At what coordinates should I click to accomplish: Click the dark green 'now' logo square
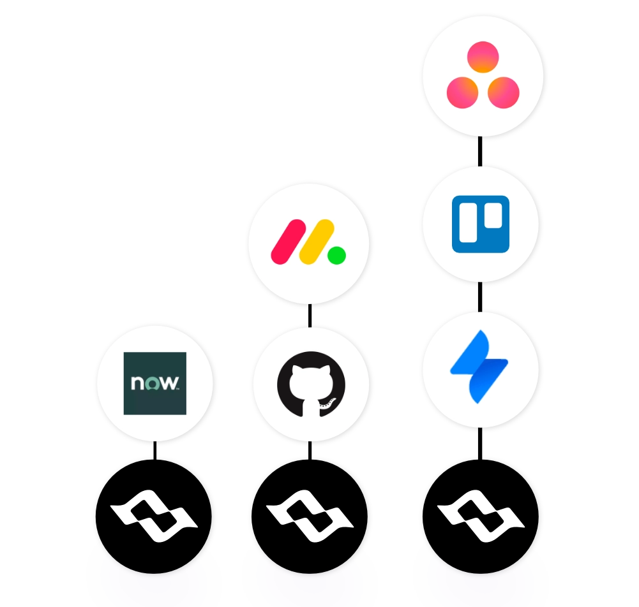click(155, 383)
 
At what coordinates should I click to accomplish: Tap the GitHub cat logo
click(311, 384)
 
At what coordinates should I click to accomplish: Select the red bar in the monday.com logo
click(289, 242)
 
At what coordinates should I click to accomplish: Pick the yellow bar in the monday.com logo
click(317, 242)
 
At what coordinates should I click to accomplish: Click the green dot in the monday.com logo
click(336, 256)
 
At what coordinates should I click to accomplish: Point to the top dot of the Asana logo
click(483, 57)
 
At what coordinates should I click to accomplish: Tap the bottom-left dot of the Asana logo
click(463, 93)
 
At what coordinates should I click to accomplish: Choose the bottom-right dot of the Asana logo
click(504, 93)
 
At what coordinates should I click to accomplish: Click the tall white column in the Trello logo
click(469, 223)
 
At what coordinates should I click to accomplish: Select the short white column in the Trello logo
click(493, 216)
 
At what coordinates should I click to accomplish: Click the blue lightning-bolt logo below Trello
click(479, 367)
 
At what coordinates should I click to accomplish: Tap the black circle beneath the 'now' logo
click(154, 516)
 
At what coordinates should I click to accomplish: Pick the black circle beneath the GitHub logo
click(310, 516)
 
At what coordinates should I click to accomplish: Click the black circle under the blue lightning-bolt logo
click(481, 516)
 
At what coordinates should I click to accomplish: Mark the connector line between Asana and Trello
click(480, 151)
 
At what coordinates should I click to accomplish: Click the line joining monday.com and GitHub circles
click(310, 316)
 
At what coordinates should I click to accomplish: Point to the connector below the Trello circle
click(480, 296)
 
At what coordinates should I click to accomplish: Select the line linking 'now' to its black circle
click(155, 450)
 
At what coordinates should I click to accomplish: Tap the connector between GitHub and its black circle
click(310, 450)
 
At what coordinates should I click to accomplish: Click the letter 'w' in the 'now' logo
click(169, 383)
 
